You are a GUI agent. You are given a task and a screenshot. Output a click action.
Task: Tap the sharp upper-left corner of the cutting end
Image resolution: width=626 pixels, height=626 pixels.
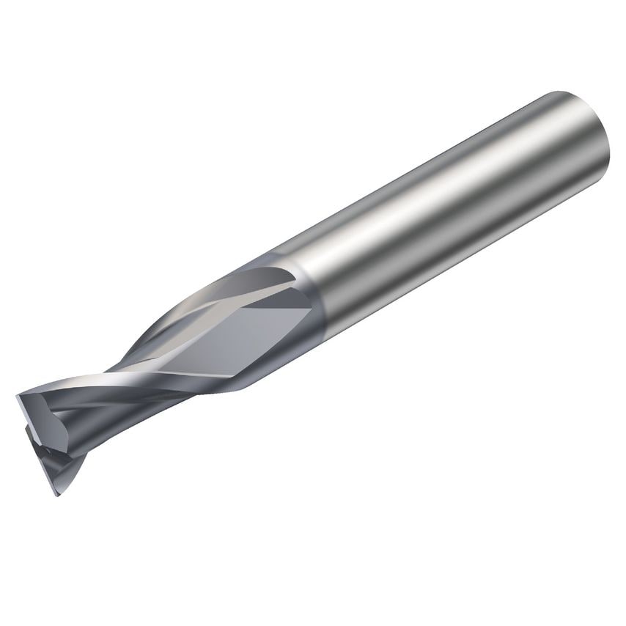(x=18, y=396)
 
